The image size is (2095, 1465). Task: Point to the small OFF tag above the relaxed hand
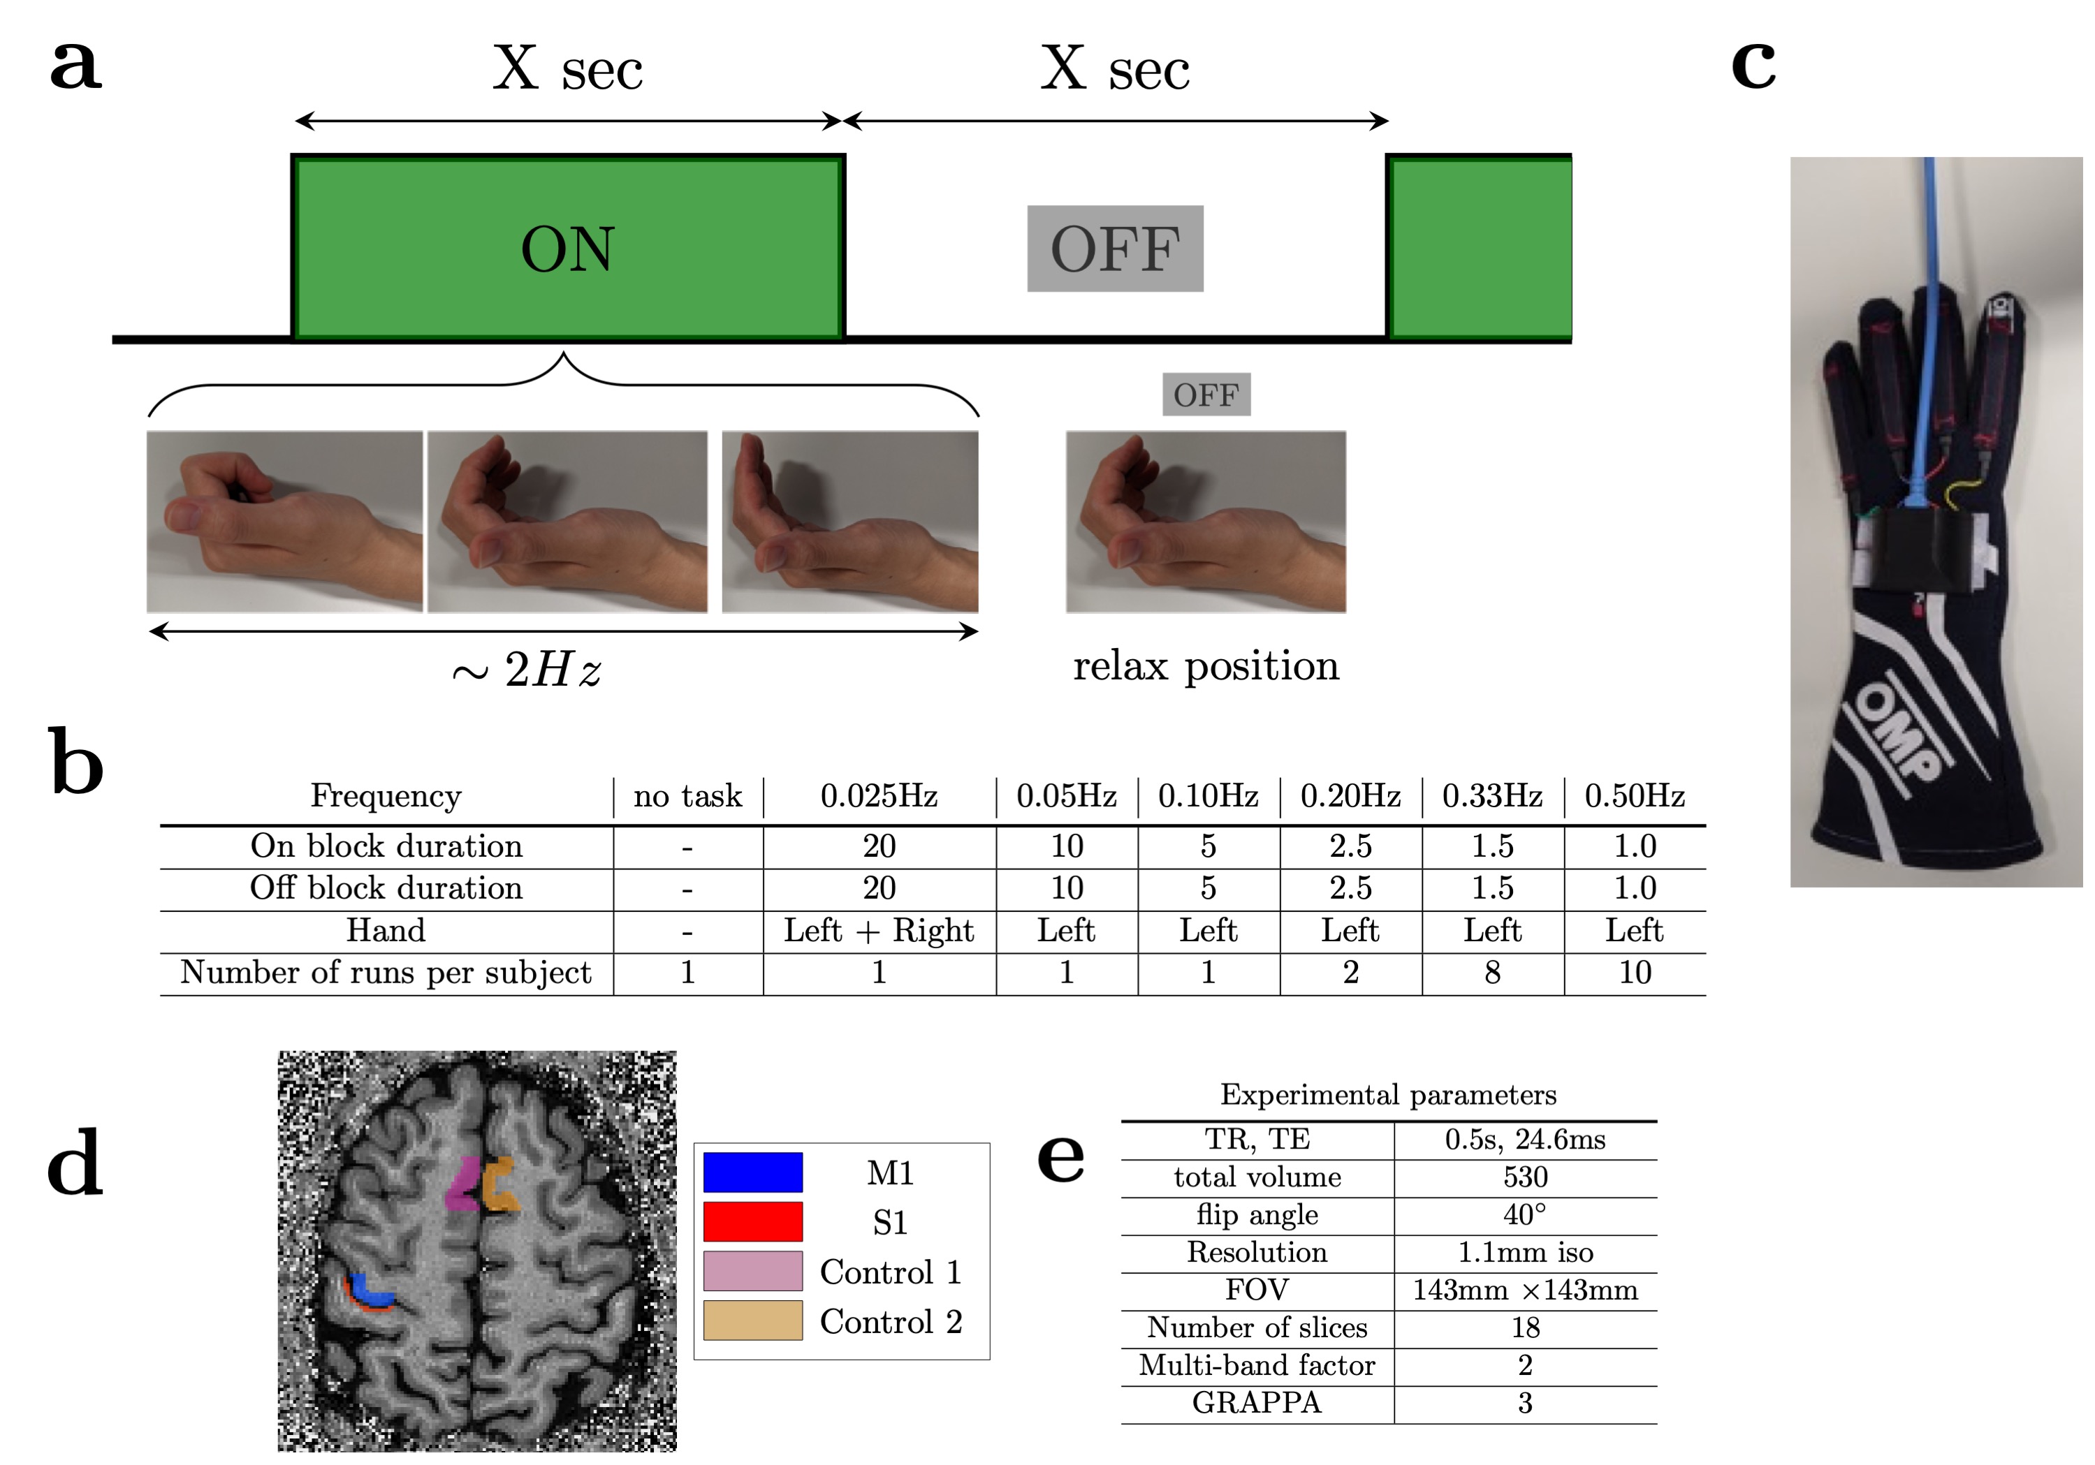coord(1205,395)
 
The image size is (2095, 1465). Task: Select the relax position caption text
coord(1205,666)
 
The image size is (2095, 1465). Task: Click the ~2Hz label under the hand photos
coord(527,670)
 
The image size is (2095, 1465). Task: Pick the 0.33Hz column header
coord(1492,795)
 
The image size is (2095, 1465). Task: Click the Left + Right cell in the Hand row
coord(878,930)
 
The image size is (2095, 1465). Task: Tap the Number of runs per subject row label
coord(386,973)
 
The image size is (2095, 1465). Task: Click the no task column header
coord(687,795)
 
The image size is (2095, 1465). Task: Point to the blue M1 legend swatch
coord(753,1172)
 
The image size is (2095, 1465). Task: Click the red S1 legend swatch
coord(753,1221)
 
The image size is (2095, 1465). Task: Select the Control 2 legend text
coord(891,1321)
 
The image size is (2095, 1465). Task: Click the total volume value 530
coord(1525,1177)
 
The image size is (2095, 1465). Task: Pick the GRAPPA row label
coord(1257,1403)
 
